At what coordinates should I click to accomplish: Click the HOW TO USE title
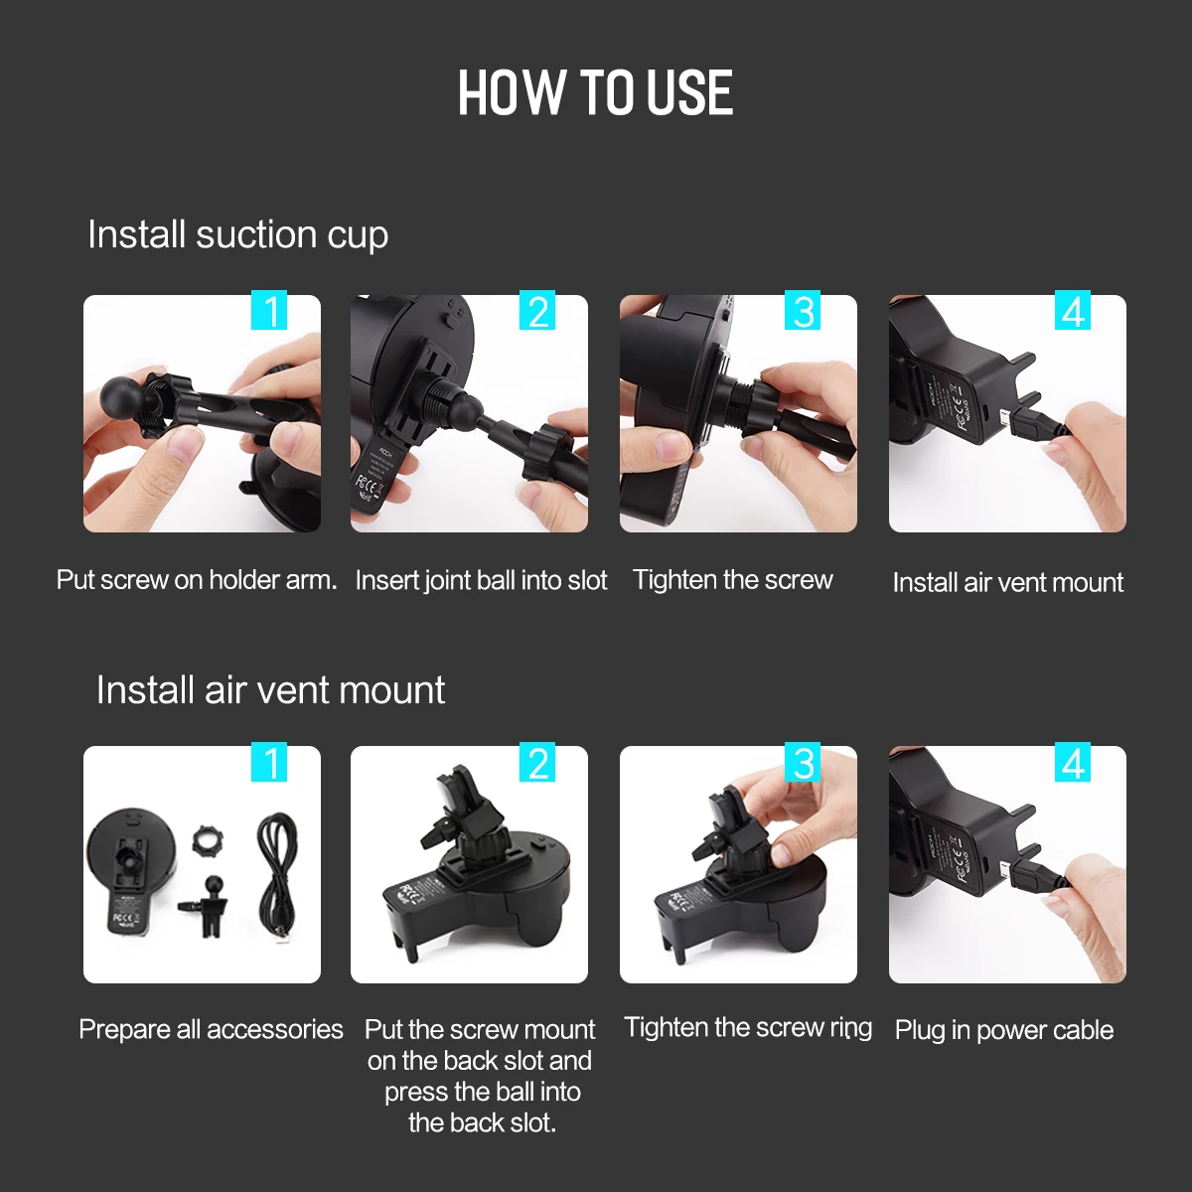[x=595, y=92]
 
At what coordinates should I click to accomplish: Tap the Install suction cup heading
[x=237, y=235]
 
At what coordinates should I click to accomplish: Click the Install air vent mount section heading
[x=270, y=689]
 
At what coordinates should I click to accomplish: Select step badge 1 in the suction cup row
[x=269, y=309]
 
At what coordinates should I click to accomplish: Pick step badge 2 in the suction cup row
[x=537, y=309]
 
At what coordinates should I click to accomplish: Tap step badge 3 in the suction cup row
[x=803, y=309]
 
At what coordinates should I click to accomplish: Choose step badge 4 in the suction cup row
[x=1073, y=309]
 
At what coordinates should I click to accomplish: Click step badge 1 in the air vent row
[x=269, y=762]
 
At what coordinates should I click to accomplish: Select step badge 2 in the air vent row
[x=537, y=762]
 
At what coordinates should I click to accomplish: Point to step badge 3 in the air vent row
[x=803, y=762]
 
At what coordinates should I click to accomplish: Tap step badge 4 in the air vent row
[x=1073, y=762]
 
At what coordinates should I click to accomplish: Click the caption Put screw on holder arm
[x=197, y=580]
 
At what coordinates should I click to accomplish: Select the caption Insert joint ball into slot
[x=481, y=581]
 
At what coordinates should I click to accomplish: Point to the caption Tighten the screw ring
[x=748, y=1027]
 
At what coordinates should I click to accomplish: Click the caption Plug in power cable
[x=1004, y=1030]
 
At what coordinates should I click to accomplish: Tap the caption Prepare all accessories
[x=211, y=1029]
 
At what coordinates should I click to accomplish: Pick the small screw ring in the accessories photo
[x=207, y=840]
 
